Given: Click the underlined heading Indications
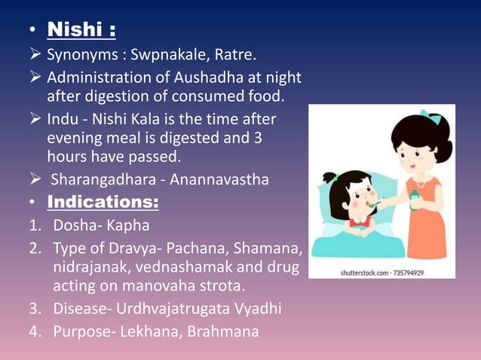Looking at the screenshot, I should click(x=103, y=203).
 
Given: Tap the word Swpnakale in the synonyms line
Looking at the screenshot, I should click(x=164, y=55).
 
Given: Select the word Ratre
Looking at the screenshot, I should click(x=225, y=55).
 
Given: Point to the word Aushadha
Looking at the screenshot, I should click(x=216, y=77).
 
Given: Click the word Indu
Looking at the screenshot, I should click(x=61, y=120).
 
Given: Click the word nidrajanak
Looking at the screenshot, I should click(x=89, y=267).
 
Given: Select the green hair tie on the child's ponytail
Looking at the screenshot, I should click(x=332, y=178).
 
